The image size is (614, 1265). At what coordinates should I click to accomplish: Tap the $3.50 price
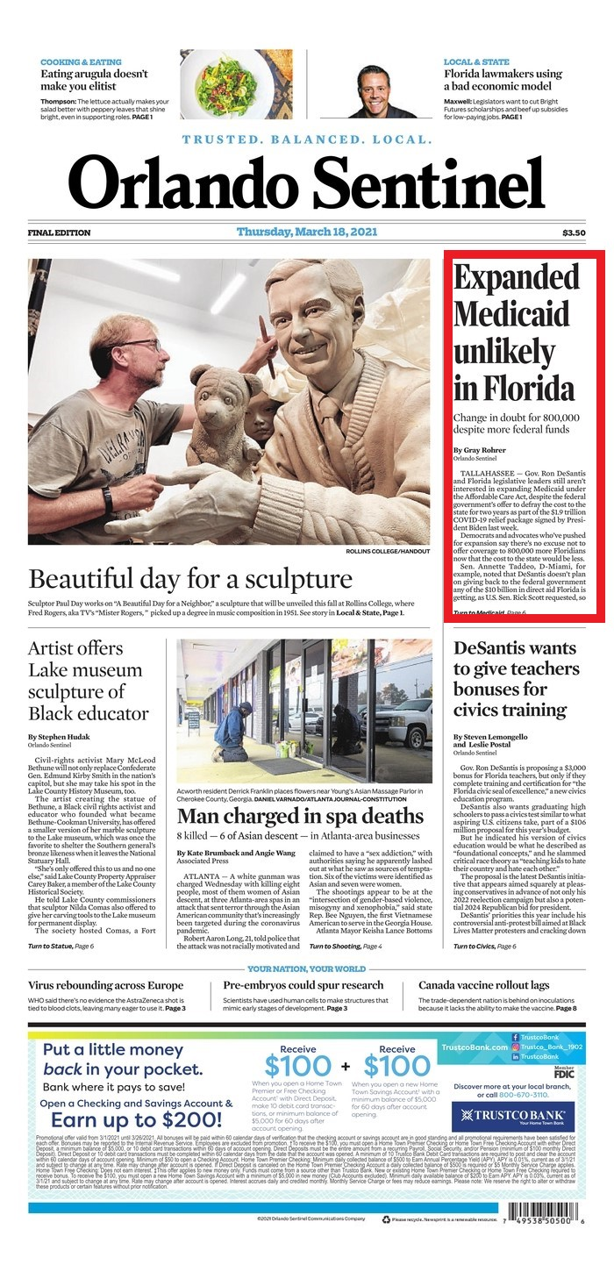click(574, 232)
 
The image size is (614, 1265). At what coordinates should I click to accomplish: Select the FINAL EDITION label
click(59, 232)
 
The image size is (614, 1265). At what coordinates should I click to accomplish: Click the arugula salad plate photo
click(236, 83)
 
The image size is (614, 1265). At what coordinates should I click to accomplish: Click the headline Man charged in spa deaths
click(300, 816)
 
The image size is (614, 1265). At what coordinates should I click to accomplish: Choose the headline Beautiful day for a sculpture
click(190, 579)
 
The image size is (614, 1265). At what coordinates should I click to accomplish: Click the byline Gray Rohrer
click(479, 450)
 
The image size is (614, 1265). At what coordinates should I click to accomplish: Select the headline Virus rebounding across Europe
click(106, 985)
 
